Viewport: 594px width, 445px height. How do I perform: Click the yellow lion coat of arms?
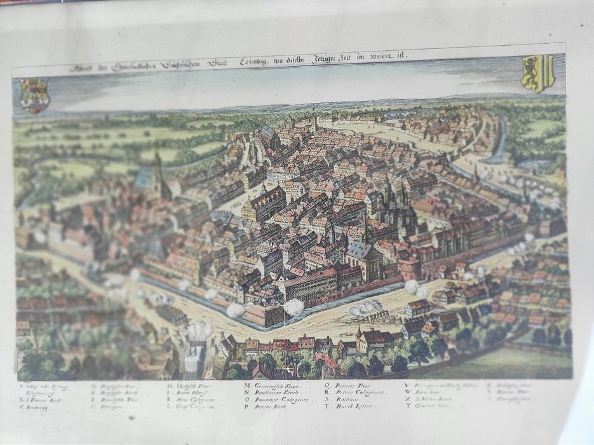[537, 73]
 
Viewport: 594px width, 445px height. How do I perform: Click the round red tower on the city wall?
[408, 268]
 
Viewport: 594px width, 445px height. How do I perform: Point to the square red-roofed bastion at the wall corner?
[264, 313]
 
